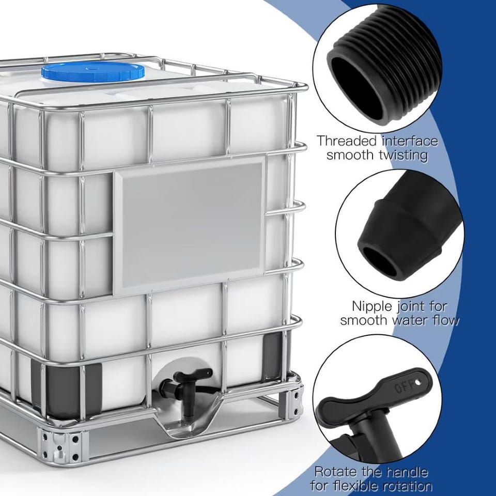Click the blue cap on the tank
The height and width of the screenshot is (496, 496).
pyautogui.click(x=93, y=72)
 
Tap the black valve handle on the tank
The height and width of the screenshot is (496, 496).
pyautogui.click(x=193, y=375)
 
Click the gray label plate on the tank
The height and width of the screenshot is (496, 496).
pyautogui.click(x=189, y=226)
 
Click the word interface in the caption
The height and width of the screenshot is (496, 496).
pyautogui.click(x=410, y=141)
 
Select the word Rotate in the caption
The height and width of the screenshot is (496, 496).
pyautogui.click(x=336, y=472)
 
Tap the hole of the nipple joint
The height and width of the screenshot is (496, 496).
pyautogui.click(x=381, y=261)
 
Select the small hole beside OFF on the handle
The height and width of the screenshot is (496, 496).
pyautogui.click(x=418, y=382)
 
